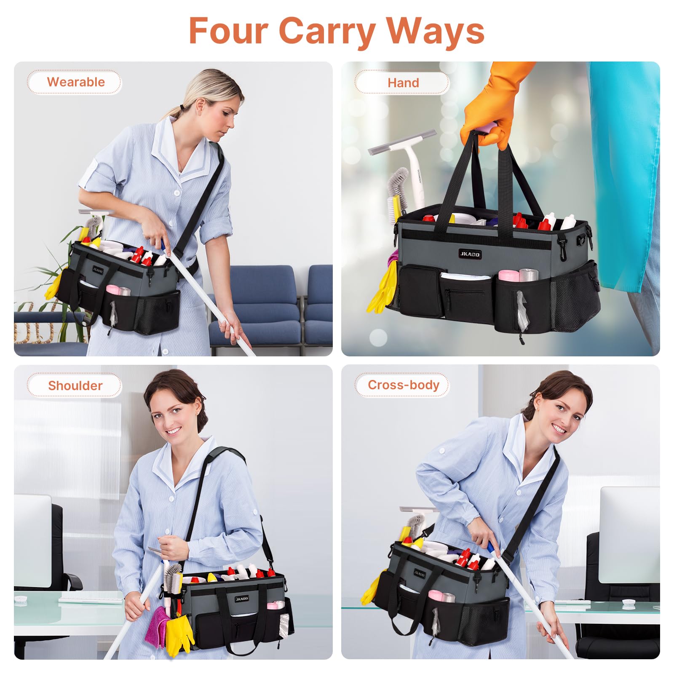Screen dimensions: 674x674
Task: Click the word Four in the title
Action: coord(228,30)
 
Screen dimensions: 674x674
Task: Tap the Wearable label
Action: coord(76,82)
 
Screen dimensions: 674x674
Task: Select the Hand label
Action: coord(403,83)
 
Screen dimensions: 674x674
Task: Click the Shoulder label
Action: coord(75,385)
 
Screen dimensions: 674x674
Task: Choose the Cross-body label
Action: coord(404,385)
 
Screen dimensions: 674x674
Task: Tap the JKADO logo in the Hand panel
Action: coord(470,254)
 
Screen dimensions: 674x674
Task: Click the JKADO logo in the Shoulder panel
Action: coord(242,599)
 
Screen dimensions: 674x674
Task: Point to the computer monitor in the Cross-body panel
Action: coord(630,535)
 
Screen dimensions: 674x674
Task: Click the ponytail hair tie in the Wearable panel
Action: coord(182,107)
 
